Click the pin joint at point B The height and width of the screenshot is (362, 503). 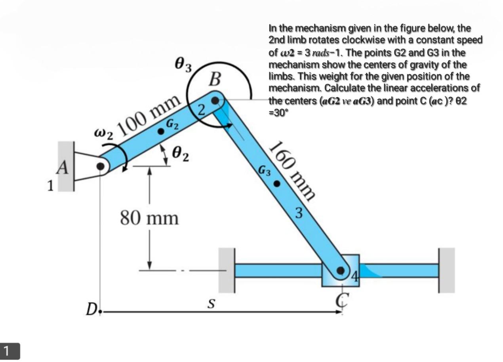(215, 101)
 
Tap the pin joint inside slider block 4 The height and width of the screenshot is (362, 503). (341, 271)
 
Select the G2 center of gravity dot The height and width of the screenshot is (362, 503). (161, 131)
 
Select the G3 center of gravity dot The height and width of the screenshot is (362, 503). (278, 184)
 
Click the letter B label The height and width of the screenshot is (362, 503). (215, 80)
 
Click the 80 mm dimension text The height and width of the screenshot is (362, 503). (149, 218)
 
